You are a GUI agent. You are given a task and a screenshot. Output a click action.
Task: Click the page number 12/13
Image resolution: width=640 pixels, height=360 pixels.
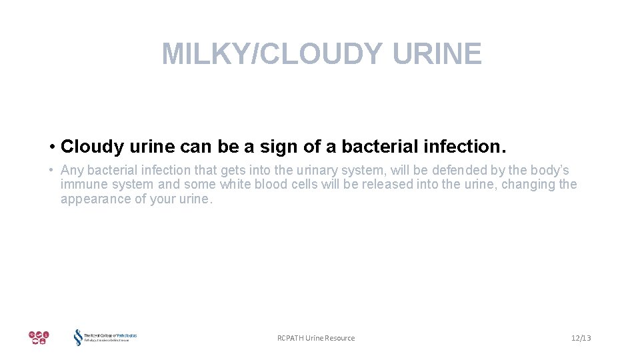click(581, 338)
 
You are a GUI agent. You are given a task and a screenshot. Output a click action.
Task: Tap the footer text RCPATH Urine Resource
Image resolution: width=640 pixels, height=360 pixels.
click(316, 338)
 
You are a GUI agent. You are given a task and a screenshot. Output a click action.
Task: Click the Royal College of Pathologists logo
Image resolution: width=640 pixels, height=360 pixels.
click(105, 337)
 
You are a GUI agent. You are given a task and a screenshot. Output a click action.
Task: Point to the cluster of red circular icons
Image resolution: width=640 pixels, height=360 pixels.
click(39, 337)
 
